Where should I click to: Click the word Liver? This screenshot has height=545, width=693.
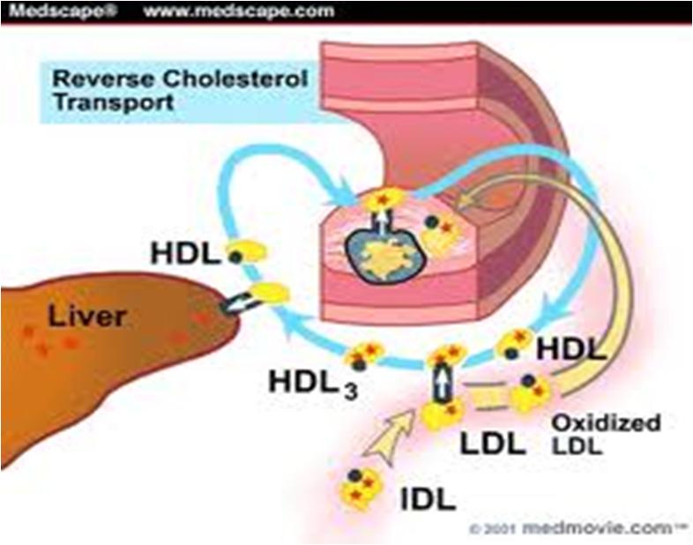[x=87, y=316]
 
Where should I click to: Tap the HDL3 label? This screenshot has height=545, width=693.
[x=313, y=383]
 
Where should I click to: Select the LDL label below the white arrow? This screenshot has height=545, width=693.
[x=493, y=444]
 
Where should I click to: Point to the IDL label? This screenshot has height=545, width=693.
[x=428, y=499]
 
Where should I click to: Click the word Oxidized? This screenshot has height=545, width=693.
[x=606, y=423]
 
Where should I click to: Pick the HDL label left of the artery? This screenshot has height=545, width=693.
[x=185, y=254]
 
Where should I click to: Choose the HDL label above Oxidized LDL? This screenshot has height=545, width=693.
[x=570, y=349]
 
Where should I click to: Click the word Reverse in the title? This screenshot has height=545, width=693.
[x=103, y=79]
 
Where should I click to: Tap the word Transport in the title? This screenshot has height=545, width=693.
[x=114, y=102]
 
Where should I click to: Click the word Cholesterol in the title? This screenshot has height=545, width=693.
[x=235, y=79]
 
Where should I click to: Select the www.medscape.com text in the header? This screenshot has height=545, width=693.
[x=239, y=11]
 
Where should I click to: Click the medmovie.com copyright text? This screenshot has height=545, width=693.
[x=578, y=527]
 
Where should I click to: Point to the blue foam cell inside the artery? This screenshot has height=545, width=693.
[x=384, y=254]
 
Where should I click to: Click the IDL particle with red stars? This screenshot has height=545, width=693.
[x=360, y=488]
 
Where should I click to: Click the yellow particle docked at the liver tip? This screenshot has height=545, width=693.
[x=270, y=294]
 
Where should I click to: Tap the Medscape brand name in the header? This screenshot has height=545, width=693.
[x=63, y=11]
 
